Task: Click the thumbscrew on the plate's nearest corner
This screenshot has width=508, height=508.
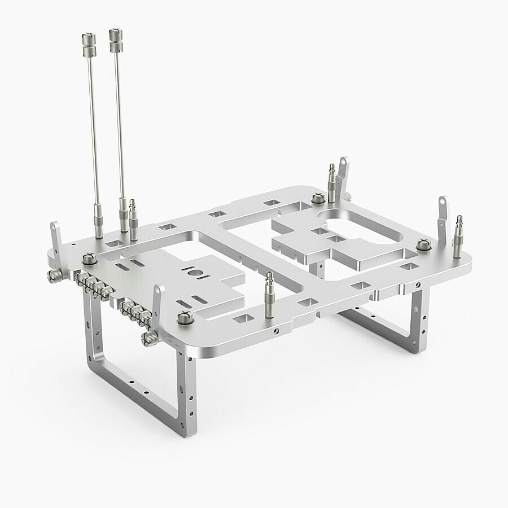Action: coord(185,318)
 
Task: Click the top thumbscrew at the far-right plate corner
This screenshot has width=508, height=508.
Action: coord(422,244)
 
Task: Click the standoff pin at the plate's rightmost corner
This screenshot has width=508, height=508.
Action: coord(458,229)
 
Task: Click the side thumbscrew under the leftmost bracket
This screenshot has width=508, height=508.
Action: coord(54,275)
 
